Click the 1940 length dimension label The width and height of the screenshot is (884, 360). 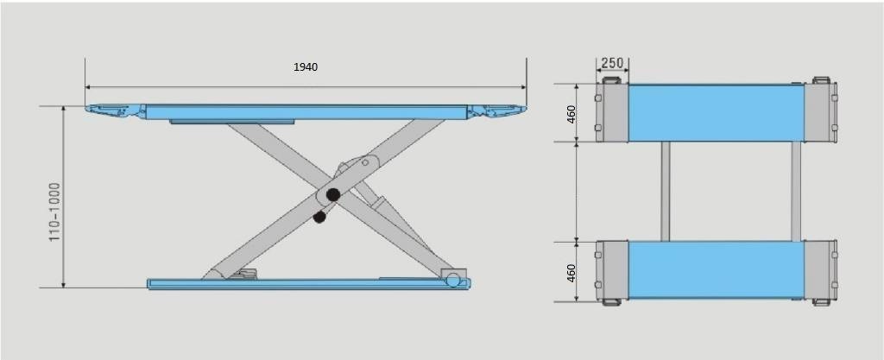[x=306, y=66]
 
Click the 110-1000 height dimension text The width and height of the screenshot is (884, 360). [x=54, y=212]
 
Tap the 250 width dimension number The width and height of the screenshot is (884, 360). [x=612, y=62]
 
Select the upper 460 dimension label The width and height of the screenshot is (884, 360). [x=571, y=113]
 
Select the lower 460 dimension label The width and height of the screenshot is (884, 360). [x=571, y=273]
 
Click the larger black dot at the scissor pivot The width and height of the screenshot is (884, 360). [x=332, y=195]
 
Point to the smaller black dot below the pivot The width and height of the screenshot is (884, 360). [x=319, y=218]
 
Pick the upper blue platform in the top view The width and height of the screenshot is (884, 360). [x=716, y=113]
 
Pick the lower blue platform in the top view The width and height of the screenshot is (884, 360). [x=716, y=271]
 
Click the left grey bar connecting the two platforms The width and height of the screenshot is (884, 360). [x=666, y=192]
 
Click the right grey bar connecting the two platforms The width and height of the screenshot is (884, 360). [x=795, y=192]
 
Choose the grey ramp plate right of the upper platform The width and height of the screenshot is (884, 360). [x=818, y=113]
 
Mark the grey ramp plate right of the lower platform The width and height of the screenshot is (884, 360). [x=818, y=271]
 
